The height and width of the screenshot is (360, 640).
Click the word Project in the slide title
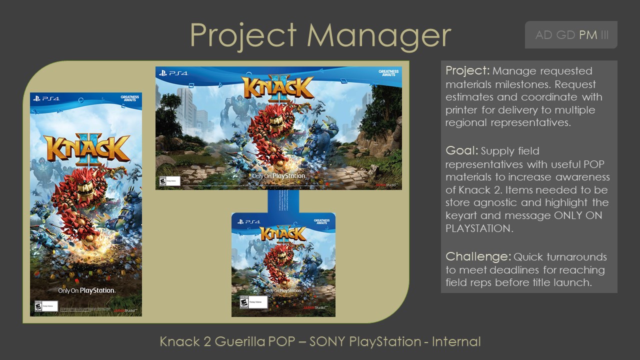pos(243,36)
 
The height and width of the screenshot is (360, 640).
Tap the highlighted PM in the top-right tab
pos(588,35)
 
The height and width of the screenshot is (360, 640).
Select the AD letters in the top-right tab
pos(544,35)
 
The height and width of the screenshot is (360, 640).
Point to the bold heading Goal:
pos(461,150)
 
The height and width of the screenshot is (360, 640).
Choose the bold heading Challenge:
pos(478,256)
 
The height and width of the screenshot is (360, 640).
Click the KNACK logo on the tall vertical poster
pos(86,148)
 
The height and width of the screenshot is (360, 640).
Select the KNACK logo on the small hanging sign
pos(283,233)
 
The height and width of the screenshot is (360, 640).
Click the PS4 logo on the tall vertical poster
pos(46,99)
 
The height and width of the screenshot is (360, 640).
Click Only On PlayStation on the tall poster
pos(86,290)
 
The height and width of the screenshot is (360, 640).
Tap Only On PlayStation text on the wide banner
pos(278,176)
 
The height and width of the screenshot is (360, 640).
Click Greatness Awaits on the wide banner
pos(388,73)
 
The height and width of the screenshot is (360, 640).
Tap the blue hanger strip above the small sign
pos(283,201)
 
